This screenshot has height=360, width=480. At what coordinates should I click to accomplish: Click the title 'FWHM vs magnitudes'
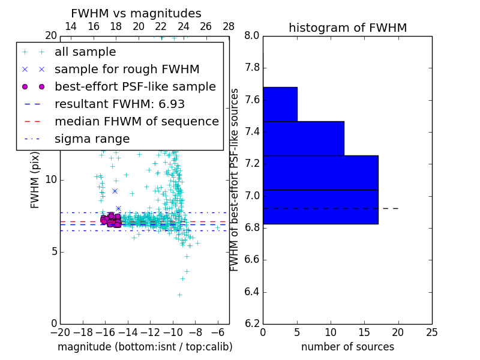[136, 13]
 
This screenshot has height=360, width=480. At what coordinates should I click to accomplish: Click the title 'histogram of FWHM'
[347, 28]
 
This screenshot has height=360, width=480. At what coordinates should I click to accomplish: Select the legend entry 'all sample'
[85, 52]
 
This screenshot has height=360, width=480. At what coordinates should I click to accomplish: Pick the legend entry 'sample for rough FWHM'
[127, 70]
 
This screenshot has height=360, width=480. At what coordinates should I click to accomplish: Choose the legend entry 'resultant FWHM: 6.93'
[119, 104]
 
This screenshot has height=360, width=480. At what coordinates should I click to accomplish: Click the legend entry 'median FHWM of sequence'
[136, 121]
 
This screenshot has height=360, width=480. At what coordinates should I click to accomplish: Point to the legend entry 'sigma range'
[92, 139]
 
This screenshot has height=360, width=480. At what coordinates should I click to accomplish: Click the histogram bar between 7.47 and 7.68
[280, 104]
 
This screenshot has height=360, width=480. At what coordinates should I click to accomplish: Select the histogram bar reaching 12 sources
[303, 138]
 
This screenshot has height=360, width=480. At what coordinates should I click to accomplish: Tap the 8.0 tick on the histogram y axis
[253, 35]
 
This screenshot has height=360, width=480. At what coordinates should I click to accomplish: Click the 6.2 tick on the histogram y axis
[253, 324]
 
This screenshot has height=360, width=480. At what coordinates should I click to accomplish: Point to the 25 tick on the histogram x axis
[431, 332]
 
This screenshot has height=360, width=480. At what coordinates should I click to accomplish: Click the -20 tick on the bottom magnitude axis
[60, 332]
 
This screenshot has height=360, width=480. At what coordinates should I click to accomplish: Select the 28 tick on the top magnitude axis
[229, 26]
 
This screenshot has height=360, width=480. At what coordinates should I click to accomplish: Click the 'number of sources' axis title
[347, 347]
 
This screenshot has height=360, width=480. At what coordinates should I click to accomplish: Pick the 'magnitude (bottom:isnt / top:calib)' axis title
[145, 347]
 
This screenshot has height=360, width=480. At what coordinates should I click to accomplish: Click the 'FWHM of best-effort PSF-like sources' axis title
[235, 179]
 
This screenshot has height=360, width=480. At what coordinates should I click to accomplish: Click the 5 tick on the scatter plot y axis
[53, 251]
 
